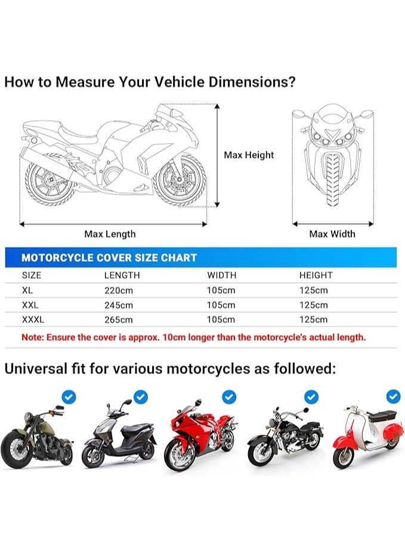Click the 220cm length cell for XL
pos(118,290)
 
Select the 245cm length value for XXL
pos(118,305)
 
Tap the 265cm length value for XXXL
pos(118,320)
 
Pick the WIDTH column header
pos(221,275)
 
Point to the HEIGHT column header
pos(316,275)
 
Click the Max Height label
pos(249,155)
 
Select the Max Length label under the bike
pos(110,234)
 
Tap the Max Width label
pos(332,234)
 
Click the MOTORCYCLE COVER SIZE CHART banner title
pos(109,258)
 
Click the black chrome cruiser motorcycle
pos(284,435)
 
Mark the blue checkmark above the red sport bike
pos(229,397)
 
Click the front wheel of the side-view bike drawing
pos(179,179)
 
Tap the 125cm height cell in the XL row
pos(313,290)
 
